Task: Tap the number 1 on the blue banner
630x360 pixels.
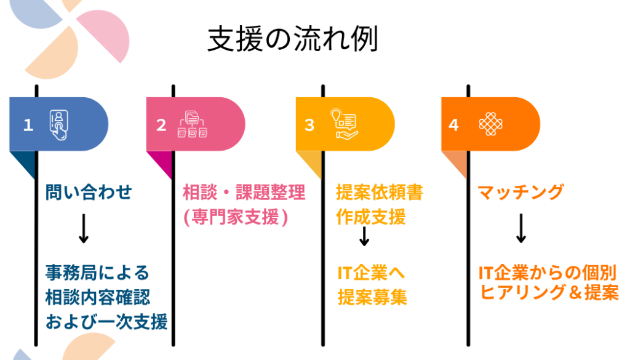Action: (x=28, y=125)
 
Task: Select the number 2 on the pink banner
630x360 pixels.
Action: (x=161, y=125)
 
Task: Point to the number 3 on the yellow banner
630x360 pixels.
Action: (x=309, y=125)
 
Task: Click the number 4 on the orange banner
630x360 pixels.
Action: (x=454, y=125)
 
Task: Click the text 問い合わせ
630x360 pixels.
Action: (x=89, y=193)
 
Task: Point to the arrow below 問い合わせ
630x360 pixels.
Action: (x=84, y=230)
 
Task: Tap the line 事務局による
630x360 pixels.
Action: (x=98, y=271)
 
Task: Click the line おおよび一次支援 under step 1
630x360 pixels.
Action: (x=106, y=321)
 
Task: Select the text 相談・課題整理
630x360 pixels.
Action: (x=244, y=193)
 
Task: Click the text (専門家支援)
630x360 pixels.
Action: (x=236, y=217)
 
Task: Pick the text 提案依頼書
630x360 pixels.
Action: (x=380, y=193)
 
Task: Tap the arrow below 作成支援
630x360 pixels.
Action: (x=364, y=236)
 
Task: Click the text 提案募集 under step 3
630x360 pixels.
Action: (x=372, y=297)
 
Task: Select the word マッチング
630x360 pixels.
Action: (x=520, y=193)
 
